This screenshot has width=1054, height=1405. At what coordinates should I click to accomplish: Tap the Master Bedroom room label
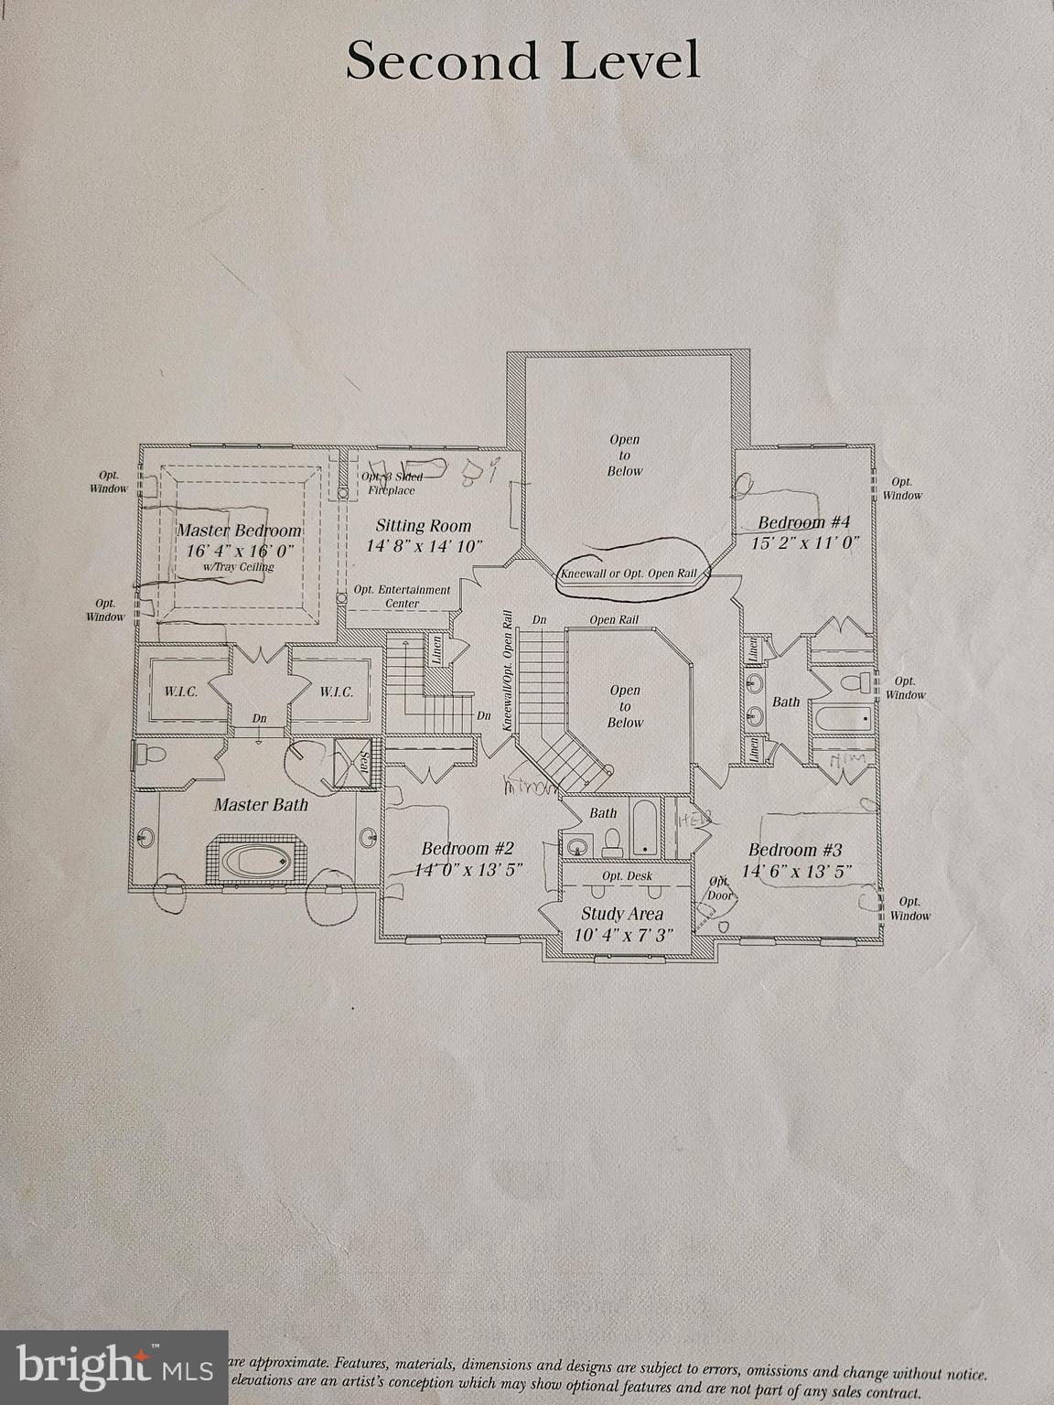pos(239,531)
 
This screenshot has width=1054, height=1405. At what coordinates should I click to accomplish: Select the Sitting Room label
pos(424,526)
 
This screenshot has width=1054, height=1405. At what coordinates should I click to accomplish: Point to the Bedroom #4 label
pos(804,522)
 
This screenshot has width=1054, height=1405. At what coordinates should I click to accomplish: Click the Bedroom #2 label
pos(468,849)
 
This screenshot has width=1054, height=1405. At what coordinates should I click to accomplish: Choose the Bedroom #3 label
pos(795,850)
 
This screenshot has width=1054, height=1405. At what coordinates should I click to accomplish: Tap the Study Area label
pos(622,914)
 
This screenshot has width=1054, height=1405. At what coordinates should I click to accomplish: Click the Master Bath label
pos(261,805)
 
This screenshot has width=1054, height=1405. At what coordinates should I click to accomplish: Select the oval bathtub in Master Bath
pos(257,860)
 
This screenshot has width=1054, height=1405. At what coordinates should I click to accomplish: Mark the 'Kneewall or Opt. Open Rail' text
pos(628,574)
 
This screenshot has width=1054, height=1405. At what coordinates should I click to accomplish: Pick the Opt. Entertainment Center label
pos(403,596)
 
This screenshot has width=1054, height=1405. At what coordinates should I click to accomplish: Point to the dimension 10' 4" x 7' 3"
pos(622,936)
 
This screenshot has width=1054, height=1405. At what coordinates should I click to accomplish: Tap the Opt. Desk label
pos(627,876)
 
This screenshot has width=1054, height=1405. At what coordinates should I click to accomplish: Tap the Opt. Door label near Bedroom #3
pos(720,888)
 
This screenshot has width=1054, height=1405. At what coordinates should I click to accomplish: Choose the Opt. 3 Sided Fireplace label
pos(393,484)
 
